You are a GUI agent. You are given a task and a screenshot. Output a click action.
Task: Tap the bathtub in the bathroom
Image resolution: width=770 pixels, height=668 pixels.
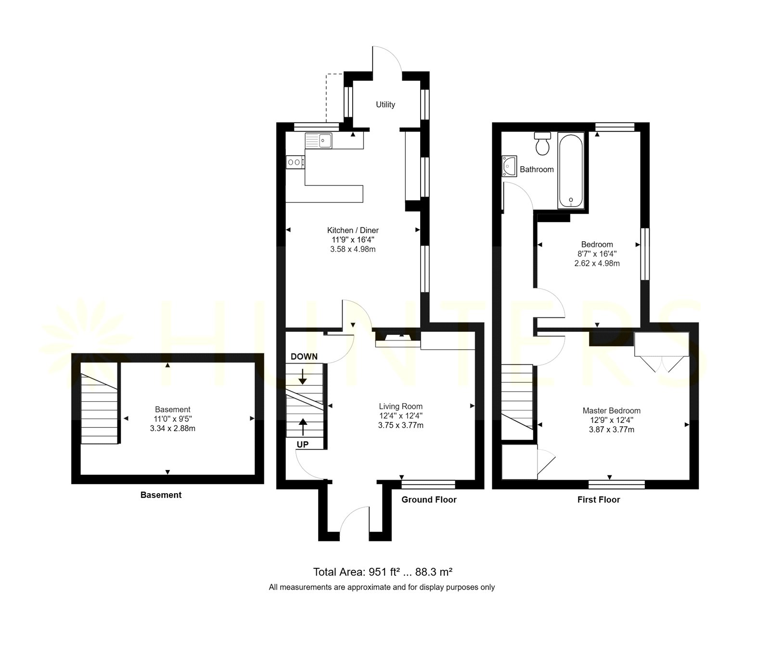coord(571,170)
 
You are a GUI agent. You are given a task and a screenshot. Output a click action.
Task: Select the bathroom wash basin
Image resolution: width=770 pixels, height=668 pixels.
coord(509,166)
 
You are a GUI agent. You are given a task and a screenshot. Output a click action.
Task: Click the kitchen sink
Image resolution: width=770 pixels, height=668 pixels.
coord(318,141)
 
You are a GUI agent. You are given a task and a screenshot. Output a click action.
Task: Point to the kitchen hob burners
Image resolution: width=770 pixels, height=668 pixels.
coord(295,162)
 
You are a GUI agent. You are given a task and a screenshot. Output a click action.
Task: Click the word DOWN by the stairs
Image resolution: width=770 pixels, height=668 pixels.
coord(304,356)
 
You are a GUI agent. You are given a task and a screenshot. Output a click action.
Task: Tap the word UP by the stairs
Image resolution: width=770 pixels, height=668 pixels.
coord(303,445)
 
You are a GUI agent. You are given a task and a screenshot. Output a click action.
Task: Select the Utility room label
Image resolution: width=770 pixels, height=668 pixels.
coord(385,105)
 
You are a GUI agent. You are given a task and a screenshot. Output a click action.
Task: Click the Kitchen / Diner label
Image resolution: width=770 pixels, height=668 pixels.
coord(353,230)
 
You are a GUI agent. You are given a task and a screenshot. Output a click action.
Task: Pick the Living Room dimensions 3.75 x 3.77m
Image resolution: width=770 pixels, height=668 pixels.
coord(401,425)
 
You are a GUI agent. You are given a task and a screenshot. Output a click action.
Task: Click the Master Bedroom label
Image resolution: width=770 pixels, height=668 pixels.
coord(612,411)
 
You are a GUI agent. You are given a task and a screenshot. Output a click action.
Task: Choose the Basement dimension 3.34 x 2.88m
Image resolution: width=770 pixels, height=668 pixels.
coord(173,428)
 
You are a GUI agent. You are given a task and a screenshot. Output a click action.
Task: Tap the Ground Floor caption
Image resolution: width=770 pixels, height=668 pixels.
coord(429,499)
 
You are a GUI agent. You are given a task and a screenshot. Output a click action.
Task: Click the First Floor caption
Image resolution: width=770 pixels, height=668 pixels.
coord(599,499)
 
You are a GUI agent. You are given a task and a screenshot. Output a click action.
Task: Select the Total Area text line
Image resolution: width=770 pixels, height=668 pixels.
coord(383,572)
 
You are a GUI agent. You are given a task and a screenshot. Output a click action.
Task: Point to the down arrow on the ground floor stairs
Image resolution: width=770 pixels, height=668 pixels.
coord(302,376)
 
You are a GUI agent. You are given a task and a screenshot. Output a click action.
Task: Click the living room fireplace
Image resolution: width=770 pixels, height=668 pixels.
coord(398,338)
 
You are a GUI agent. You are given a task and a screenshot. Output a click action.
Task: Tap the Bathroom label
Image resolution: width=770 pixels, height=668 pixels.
coord(537,170)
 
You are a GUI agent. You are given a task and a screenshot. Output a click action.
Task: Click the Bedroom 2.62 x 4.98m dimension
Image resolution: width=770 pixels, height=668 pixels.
coord(597,263)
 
